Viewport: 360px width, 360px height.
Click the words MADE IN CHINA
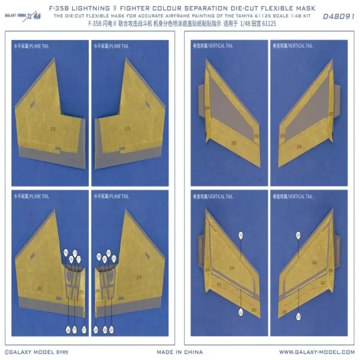(180, 351)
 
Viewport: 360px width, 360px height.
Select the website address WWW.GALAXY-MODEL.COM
(317, 351)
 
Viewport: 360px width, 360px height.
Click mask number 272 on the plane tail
(53, 129)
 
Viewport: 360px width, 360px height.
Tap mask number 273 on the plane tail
(128, 129)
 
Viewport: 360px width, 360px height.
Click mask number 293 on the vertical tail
(234, 143)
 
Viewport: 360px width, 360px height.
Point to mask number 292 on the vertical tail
(256, 136)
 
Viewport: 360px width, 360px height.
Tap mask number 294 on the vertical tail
(207, 108)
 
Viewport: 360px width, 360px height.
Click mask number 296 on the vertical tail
(299, 147)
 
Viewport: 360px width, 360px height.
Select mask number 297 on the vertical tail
(331, 114)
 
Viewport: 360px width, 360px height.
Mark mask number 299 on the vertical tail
(232, 268)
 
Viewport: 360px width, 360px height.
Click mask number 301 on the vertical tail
(219, 285)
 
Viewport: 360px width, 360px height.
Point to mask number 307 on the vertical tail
(323, 283)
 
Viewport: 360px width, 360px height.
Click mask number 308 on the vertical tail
(284, 311)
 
